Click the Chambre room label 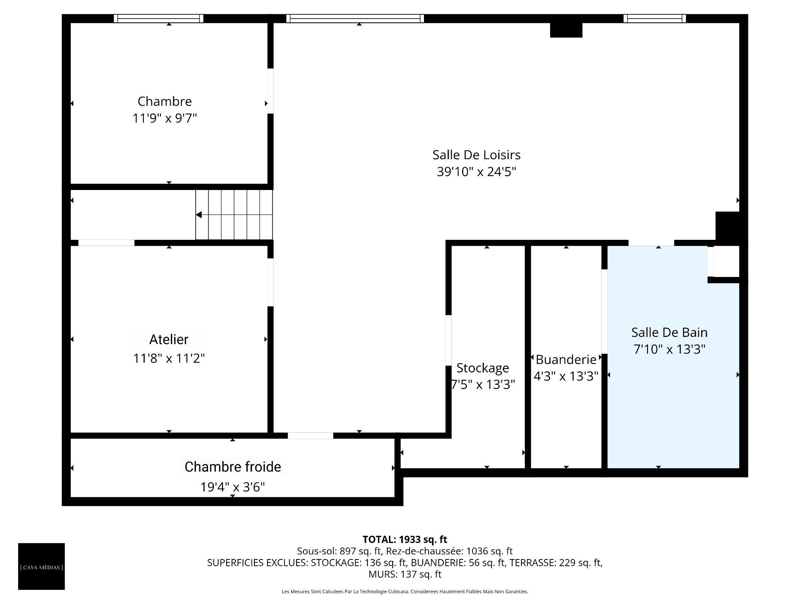click(x=165, y=101)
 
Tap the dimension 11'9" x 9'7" click(x=165, y=118)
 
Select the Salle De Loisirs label click(x=476, y=155)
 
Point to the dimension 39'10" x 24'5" click(x=476, y=172)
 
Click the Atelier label click(x=169, y=339)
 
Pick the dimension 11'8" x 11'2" click(x=169, y=358)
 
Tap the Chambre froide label click(x=233, y=467)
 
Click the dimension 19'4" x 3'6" click(x=233, y=487)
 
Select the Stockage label click(x=483, y=368)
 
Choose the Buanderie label click(x=566, y=360)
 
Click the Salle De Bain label click(x=670, y=333)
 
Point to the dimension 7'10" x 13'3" click(x=670, y=350)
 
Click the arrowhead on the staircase click(x=199, y=215)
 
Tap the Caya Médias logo click(x=41, y=566)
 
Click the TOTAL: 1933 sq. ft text click(x=405, y=539)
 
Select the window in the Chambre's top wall click(x=159, y=19)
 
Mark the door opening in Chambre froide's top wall click(x=310, y=436)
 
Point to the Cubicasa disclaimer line click(x=405, y=592)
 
